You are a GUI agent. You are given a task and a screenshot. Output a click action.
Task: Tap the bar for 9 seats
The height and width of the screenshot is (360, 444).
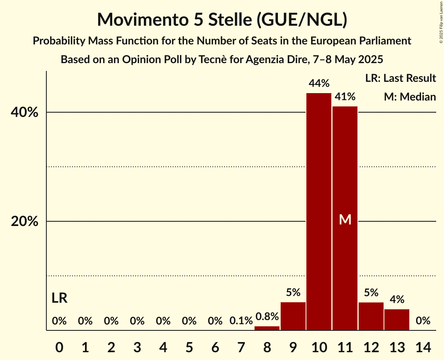(293, 316)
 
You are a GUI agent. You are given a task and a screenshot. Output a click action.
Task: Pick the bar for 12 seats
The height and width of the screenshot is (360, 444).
(371, 316)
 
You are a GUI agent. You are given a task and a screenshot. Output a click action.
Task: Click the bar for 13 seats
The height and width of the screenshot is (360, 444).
(397, 319)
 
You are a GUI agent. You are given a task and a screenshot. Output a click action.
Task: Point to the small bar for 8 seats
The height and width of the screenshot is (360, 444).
(267, 328)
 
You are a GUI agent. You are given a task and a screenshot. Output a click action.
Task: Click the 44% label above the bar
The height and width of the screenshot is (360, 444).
(319, 83)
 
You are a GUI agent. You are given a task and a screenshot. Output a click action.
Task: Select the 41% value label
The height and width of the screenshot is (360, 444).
(345, 97)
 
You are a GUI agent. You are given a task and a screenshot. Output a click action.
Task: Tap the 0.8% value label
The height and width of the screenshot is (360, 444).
(267, 316)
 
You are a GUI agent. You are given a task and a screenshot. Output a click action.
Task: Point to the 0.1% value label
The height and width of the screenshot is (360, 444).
(241, 321)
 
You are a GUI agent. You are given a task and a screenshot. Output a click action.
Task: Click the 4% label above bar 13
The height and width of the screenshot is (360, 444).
(397, 300)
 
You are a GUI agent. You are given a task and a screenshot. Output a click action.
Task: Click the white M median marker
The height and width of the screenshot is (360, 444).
(345, 220)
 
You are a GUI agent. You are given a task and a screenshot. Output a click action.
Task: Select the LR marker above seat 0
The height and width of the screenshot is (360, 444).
(59, 298)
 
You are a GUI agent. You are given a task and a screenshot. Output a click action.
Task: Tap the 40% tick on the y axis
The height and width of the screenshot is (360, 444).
(24, 113)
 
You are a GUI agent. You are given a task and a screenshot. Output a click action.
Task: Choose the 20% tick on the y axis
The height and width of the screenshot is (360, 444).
(24, 222)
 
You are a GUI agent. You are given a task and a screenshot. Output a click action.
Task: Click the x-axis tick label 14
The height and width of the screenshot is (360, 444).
(423, 346)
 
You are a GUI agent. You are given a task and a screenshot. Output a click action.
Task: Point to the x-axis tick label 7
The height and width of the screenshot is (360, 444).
(241, 346)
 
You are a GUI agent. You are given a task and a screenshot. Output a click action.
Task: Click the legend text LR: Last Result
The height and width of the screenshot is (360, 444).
(400, 78)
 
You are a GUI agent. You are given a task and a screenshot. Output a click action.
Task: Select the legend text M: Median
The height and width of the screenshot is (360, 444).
(410, 97)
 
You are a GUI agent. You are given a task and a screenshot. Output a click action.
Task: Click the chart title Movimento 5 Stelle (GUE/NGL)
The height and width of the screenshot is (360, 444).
(222, 19)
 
